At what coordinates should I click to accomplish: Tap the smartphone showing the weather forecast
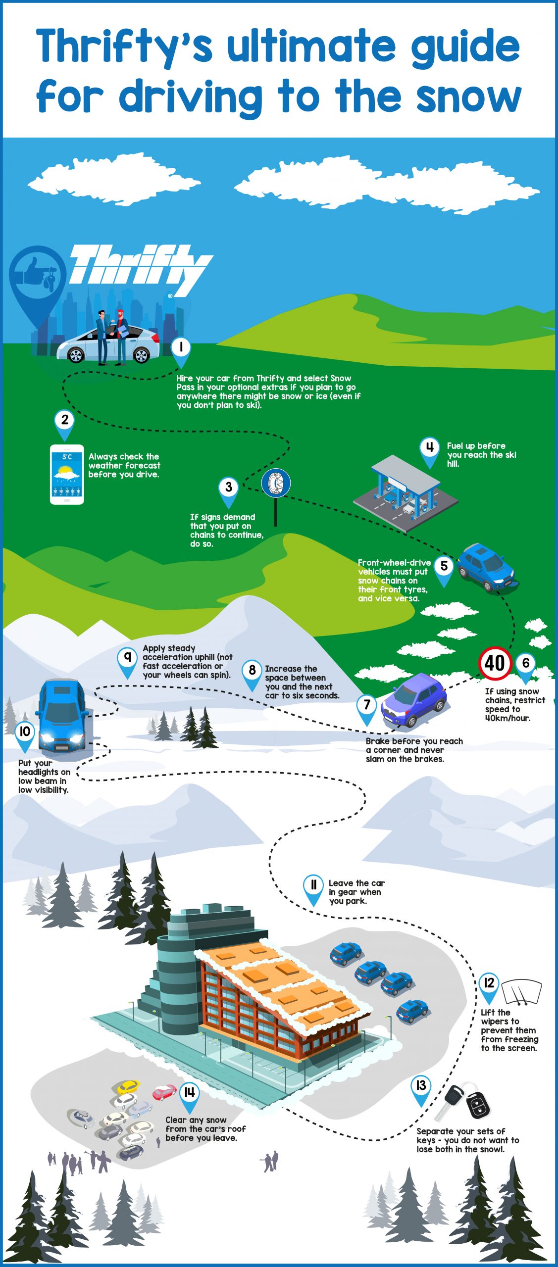(67, 475)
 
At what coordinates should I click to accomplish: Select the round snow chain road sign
(276, 483)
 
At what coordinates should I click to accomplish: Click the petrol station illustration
(406, 493)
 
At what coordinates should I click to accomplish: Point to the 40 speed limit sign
(495, 663)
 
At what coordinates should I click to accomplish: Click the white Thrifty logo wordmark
(141, 270)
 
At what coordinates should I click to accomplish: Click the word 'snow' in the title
(468, 97)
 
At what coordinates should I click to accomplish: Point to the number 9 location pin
(127, 663)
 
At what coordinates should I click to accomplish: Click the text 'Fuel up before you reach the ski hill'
(481, 455)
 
